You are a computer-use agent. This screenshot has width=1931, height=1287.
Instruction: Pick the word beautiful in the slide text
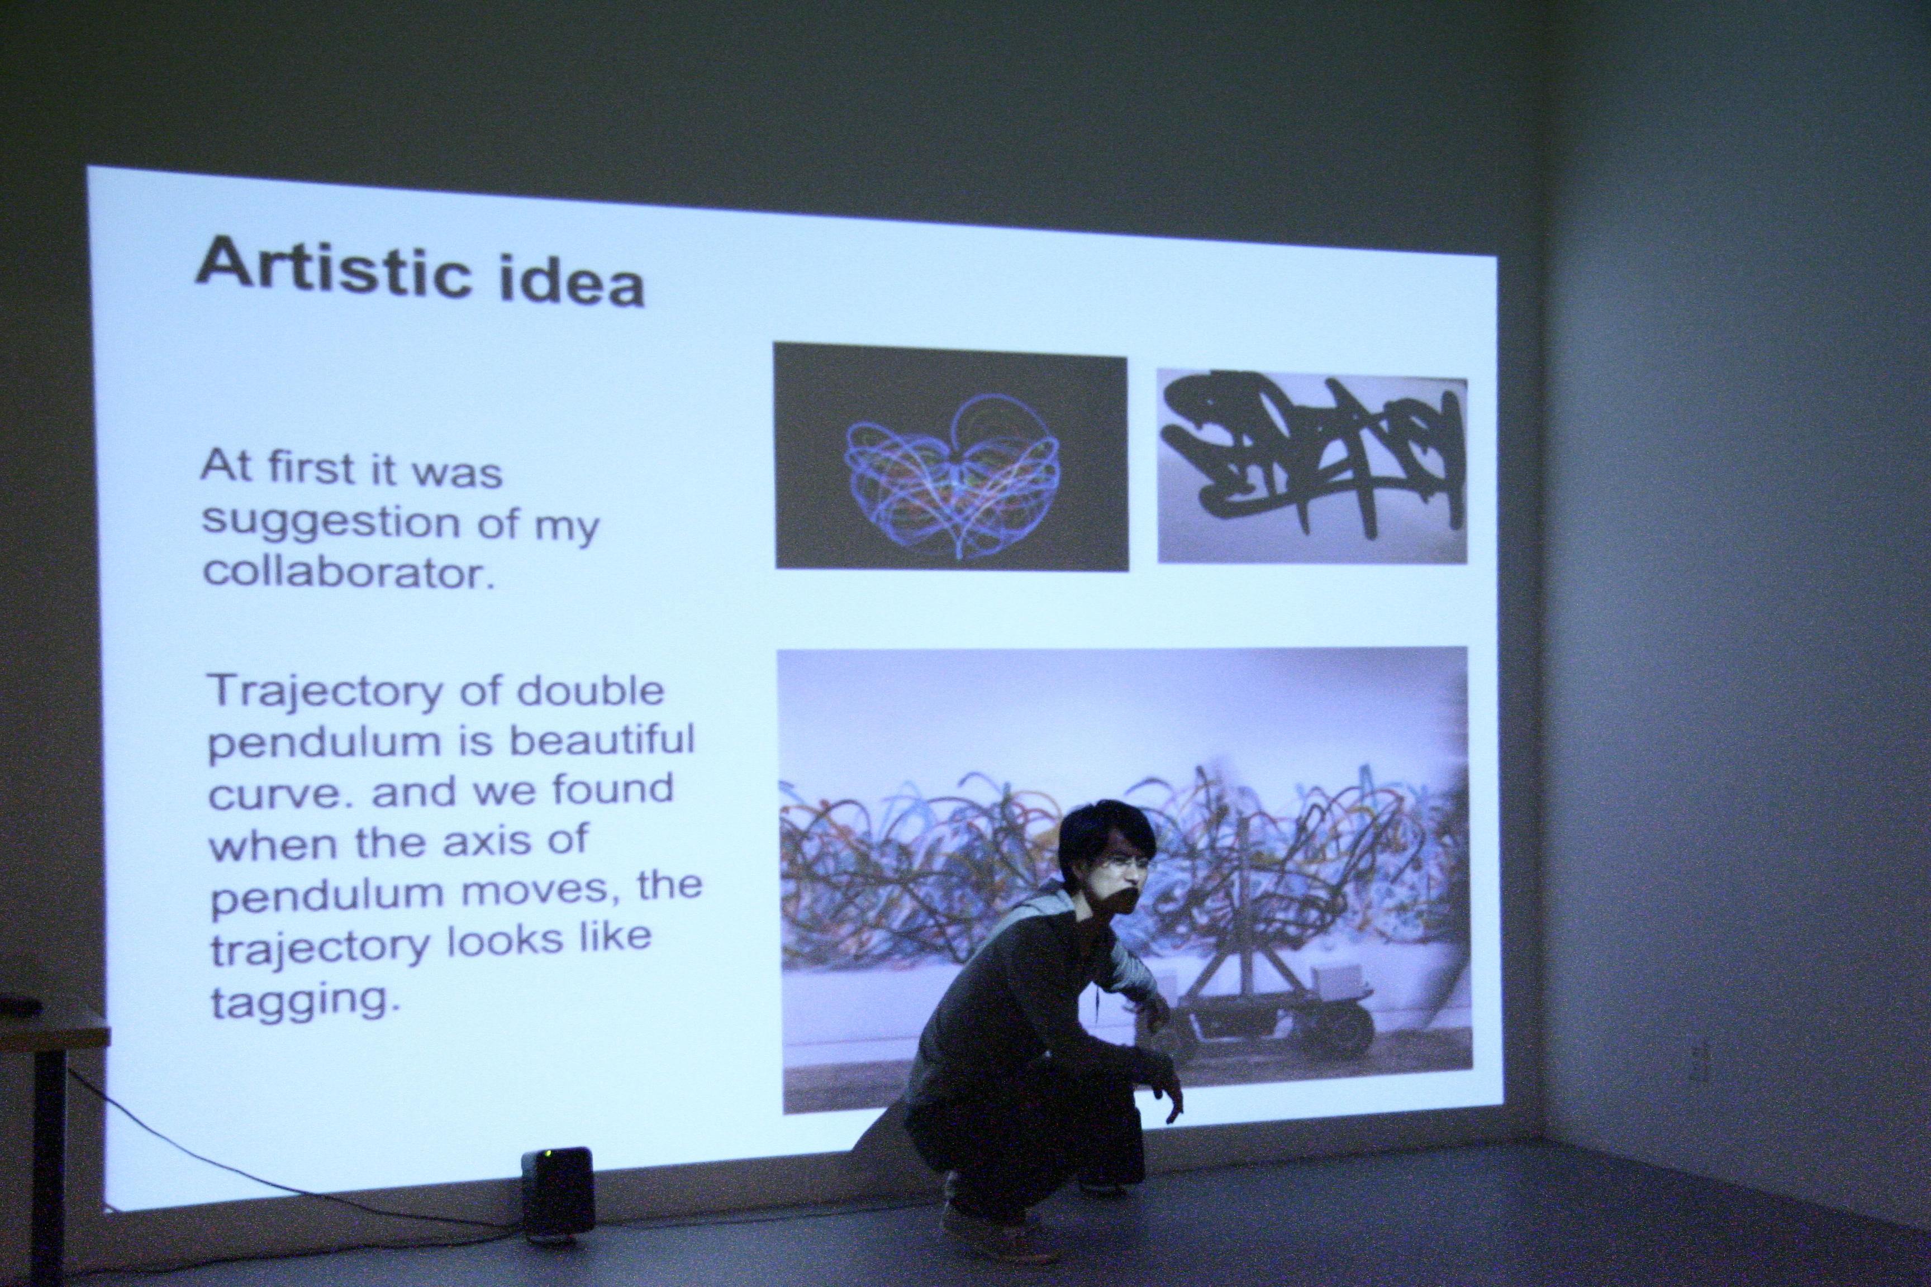click(603, 740)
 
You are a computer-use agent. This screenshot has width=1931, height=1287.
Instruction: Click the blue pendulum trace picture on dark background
click(951, 456)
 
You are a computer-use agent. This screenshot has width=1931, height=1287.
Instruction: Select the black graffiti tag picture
click(1312, 467)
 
